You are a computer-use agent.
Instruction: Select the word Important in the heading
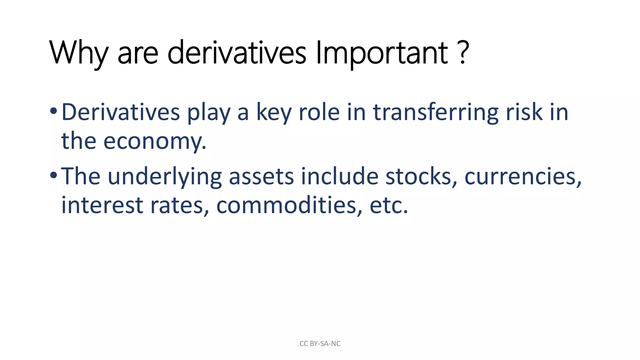pos(382,53)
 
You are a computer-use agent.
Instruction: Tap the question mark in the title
pos(464,52)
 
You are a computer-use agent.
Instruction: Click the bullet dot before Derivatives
pos(53,111)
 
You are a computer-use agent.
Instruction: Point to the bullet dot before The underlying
pos(53,175)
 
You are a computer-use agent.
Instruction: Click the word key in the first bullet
pos(274,112)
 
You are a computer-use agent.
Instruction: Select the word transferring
pos(436,112)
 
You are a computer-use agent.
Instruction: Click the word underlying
pos(165,177)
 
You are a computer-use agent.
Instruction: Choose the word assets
pos(261,176)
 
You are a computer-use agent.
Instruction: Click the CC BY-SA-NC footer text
pos(320,344)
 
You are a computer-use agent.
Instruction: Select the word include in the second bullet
pos(339,176)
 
